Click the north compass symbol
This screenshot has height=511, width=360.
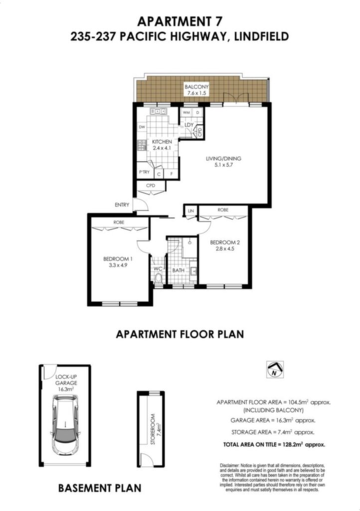tap(275, 370)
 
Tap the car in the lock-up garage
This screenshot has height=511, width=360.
tap(65, 425)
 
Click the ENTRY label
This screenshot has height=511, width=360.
tap(122, 205)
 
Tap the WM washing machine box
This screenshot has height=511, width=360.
tap(186, 112)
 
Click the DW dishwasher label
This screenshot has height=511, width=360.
tap(142, 127)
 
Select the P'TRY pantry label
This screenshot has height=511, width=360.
tap(144, 172)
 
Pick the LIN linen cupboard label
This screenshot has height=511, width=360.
tap(191, 211)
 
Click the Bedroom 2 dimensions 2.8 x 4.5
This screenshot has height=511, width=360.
tap(225, 249)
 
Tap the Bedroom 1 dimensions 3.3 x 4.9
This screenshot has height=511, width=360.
tap(118, 265)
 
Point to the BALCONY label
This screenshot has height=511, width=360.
tap(196, 87)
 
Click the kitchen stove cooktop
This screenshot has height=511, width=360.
tap(142, 145)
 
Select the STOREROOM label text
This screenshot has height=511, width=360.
tap(153, 429)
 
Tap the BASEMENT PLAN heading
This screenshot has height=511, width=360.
tap(100, 488)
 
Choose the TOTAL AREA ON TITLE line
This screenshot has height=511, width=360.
tap(274, 444)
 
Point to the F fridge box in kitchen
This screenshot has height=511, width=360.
tap(171, 174)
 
